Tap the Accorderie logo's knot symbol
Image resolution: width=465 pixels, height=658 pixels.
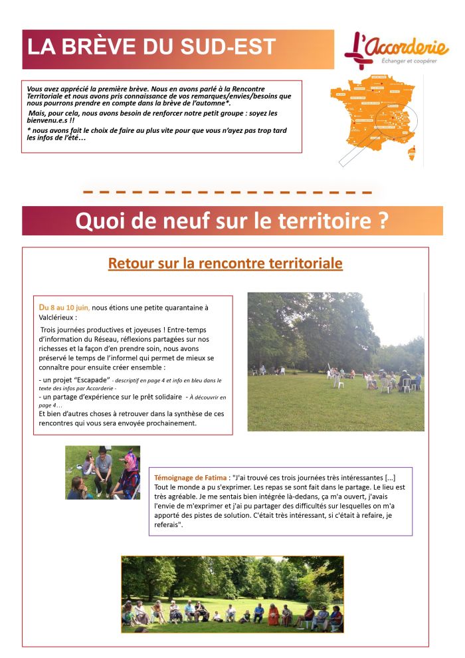coord(359,52)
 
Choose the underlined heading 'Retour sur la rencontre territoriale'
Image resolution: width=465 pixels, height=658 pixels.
coord(225,263)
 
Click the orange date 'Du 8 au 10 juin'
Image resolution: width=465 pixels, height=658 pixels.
coord(64,307)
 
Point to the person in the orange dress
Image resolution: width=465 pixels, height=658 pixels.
coord(273,614)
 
